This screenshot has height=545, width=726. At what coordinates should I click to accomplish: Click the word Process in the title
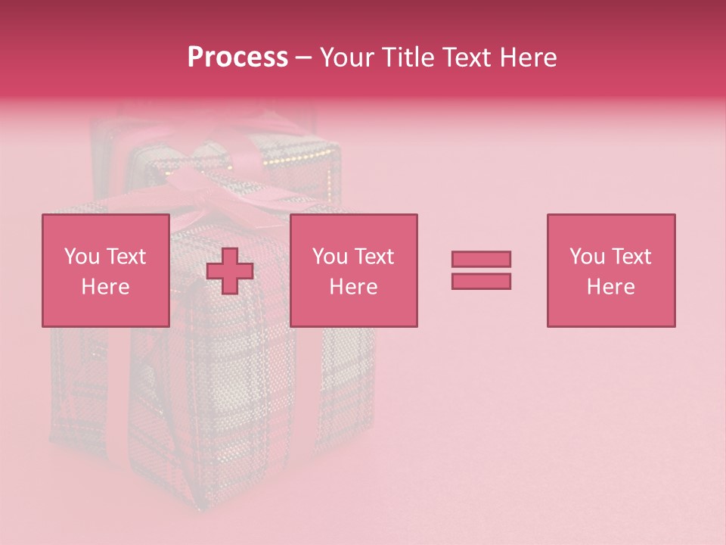(x=237, y=58)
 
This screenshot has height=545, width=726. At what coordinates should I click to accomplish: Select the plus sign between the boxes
(x=230, y=271)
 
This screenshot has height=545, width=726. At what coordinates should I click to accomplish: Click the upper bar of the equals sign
(x=481, y=259)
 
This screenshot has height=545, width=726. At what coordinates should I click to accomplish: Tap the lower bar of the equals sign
(x=481, y=281)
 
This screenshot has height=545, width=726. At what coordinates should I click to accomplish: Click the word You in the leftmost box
(x=82, y=257)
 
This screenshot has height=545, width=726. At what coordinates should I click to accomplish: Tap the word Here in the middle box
(x=353, y=287)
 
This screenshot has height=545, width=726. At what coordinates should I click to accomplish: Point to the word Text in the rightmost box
(x=631, y=257)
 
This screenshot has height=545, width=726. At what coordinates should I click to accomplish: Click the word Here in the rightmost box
(x=611, y=287)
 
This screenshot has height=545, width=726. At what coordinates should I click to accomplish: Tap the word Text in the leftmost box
(x=126, y=257)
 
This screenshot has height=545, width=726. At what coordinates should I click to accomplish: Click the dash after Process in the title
(x=303, y=58)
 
